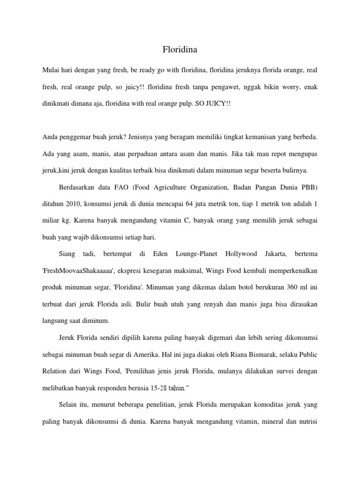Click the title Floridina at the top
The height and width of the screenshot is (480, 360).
click(180, 48)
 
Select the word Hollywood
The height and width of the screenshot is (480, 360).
click(241, 254)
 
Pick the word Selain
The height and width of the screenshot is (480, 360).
click(69, 405)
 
